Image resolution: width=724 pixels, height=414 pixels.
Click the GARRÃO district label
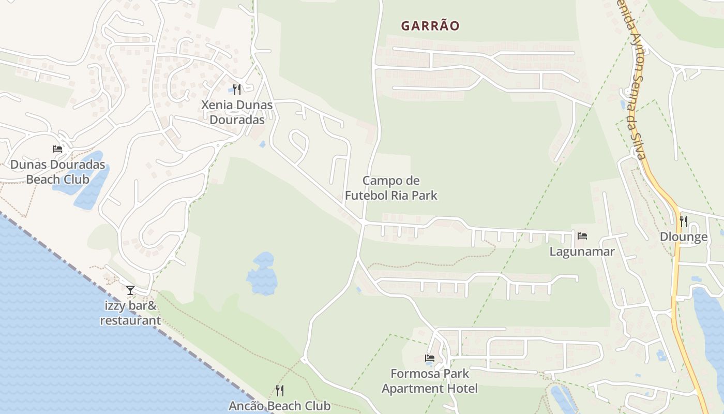pos(430,26)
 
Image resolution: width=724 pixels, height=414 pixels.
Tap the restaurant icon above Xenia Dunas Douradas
pos(237,90)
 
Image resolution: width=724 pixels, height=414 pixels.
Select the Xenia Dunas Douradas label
pos(237,112)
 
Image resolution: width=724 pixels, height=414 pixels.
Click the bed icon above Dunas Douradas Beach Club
pos(57,149)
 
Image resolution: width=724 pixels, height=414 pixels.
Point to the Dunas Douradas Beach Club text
pos(58,172)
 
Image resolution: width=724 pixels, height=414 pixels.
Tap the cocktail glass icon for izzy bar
pos(130,290)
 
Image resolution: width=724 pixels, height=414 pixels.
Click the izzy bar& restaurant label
pos(130,313)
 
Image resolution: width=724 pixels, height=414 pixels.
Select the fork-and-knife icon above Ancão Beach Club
pos(280,390)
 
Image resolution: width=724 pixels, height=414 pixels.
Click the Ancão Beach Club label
pos(280,406)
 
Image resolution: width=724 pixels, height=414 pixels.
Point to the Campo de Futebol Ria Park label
pos(391,188)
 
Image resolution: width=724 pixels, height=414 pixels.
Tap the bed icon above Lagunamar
pos(582,236)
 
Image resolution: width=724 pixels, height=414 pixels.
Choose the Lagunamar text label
pos(582,252)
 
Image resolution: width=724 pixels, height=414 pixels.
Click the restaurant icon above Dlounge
pos(684,221)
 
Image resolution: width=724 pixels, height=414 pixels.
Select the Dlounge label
pos(684,238)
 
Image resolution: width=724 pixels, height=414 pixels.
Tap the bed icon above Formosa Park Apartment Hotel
pos(430,358)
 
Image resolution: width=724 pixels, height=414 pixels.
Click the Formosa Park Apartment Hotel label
pos(430,381)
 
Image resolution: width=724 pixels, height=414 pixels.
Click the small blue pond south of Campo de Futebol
pos(262,274)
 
